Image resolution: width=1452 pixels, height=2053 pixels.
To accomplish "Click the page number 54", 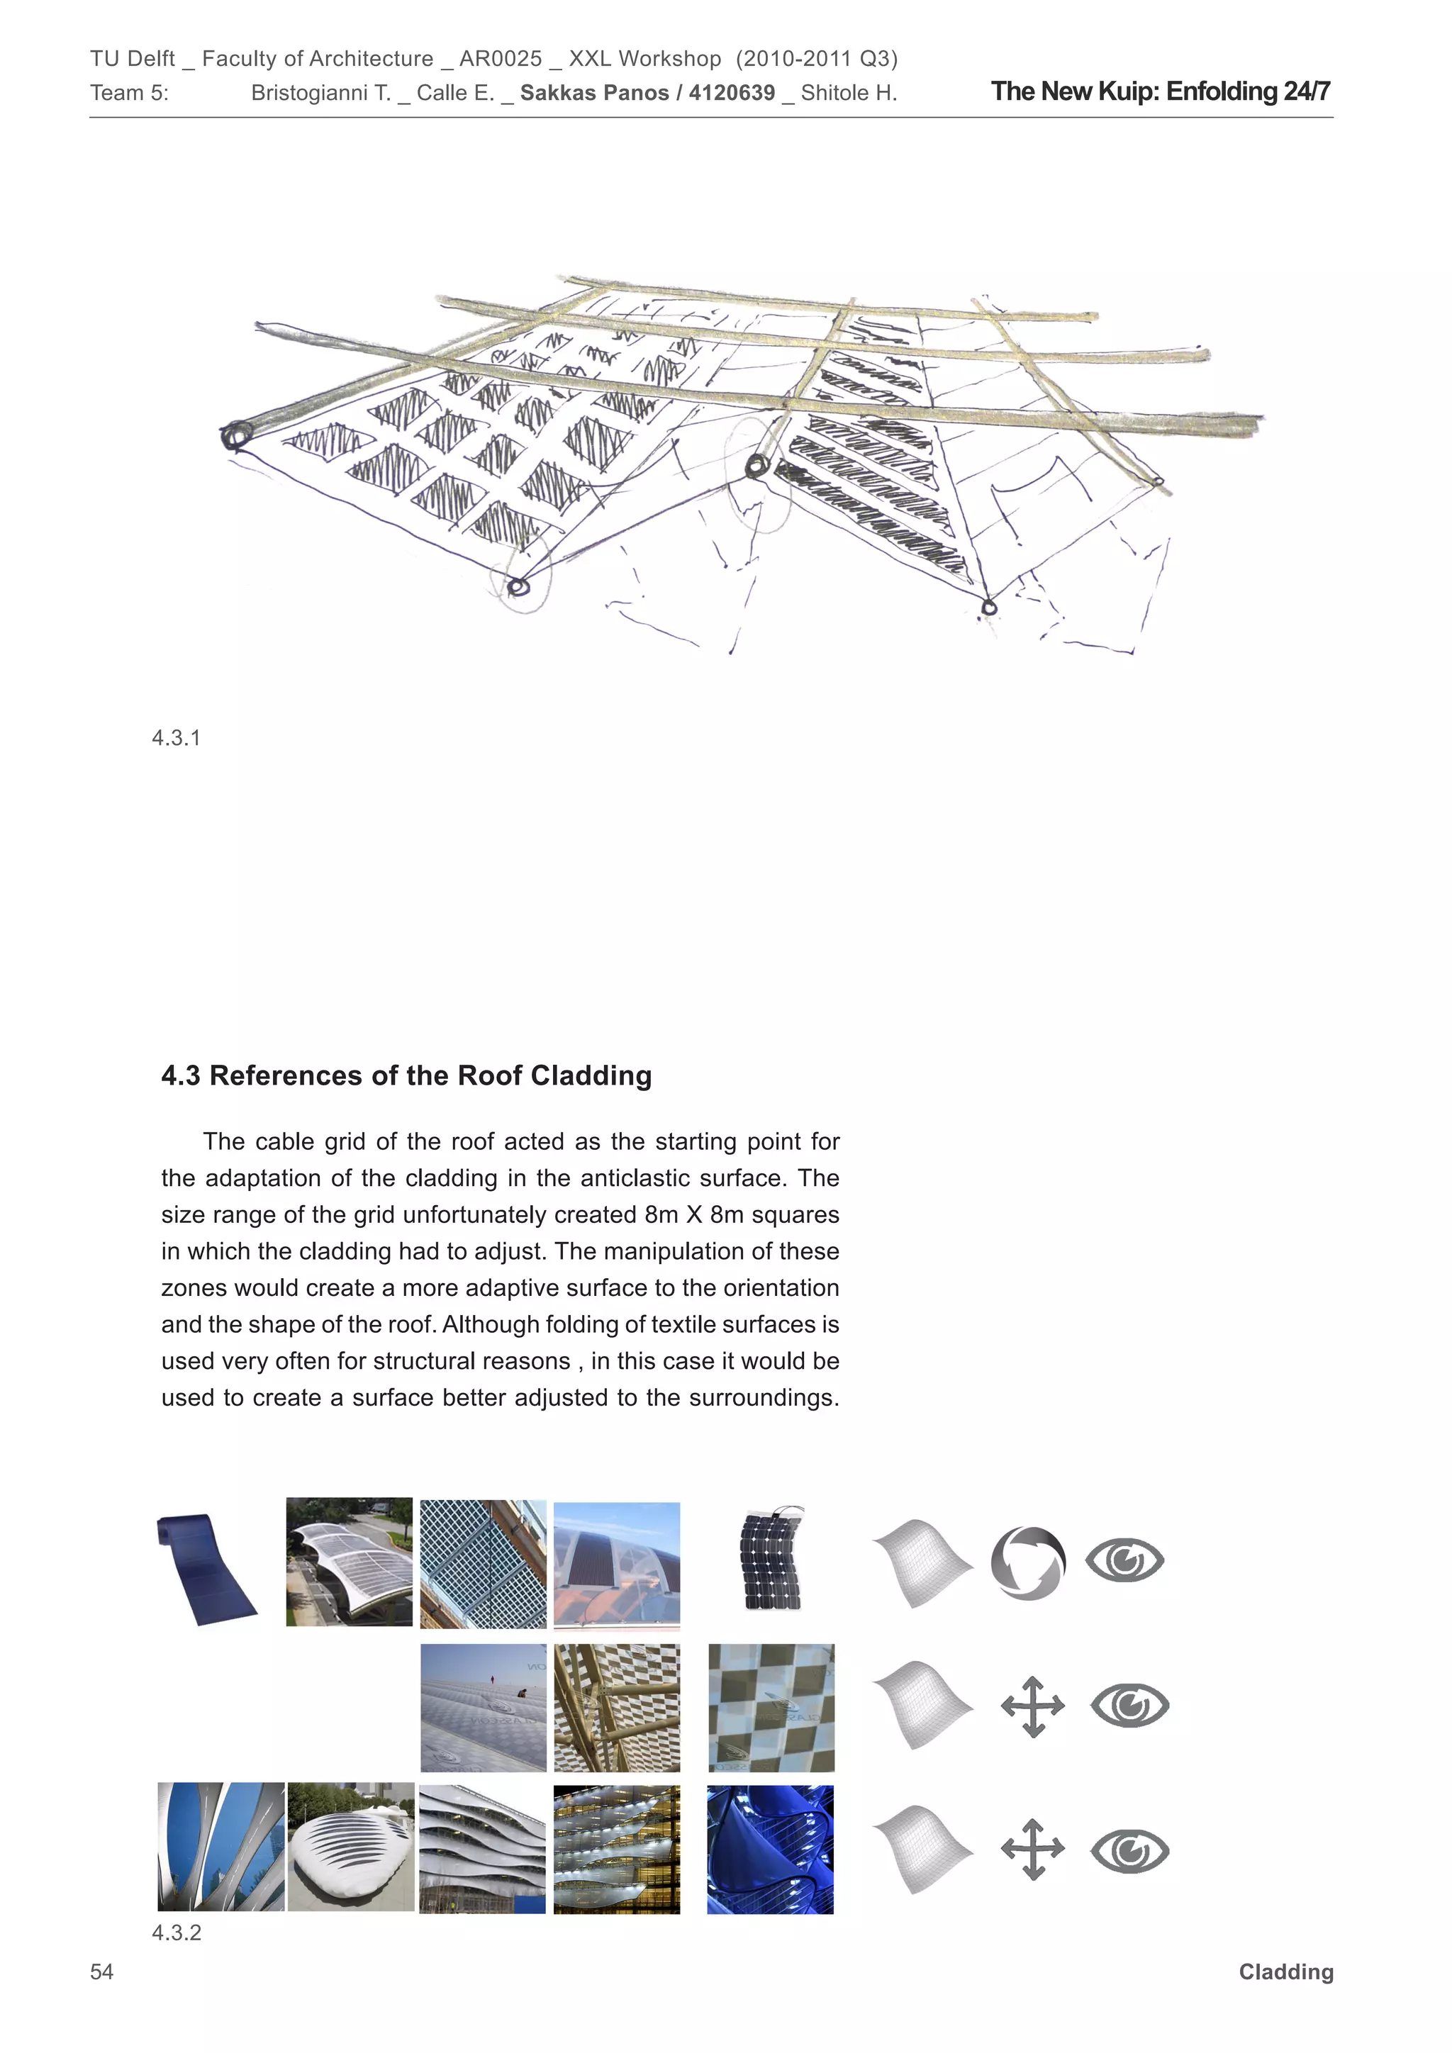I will click(102, 1971).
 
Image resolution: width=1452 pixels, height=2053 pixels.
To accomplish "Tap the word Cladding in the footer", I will click(1285, 1971).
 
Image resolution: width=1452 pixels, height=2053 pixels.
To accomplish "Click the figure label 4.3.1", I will click(176, 738).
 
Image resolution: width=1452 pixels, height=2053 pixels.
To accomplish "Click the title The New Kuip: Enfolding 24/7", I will click(1160, 91).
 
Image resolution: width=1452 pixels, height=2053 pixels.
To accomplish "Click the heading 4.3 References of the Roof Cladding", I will click(406, 1075).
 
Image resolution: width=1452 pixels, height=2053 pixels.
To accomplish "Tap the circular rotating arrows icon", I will click(1027, 1563).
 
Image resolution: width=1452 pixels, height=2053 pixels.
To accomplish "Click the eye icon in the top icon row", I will click(1124, 1560).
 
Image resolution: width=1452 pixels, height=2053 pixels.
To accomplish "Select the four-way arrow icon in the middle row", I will click(1033, 1706).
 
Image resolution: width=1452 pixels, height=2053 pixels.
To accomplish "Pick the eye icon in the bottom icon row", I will click(1129, 1851).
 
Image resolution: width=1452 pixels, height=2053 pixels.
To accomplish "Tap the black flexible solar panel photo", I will click(771, 1558).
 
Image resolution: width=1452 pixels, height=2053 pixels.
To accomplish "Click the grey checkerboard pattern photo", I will click(771, 1707).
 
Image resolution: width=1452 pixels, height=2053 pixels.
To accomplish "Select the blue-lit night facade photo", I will click(770, 1849).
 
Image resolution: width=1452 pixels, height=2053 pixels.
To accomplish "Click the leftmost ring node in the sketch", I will click(236, 437).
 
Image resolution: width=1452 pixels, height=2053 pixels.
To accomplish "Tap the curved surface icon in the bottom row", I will click(921, 1849).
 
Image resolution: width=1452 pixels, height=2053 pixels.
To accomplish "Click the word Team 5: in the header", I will click(129, 93).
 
